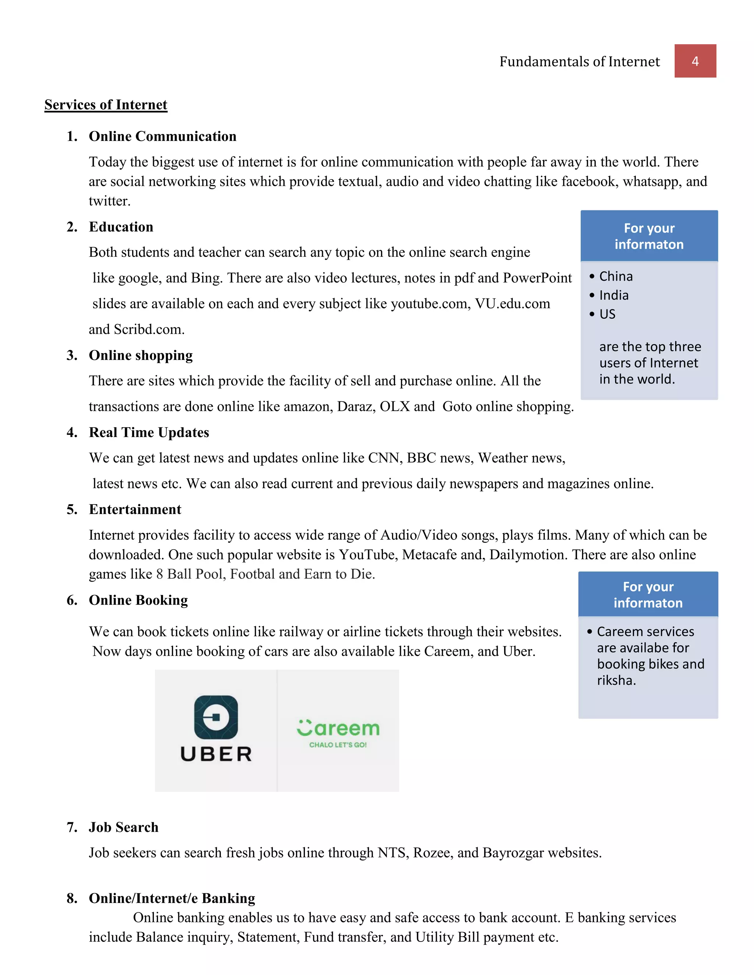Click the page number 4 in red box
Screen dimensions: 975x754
click(695, 61)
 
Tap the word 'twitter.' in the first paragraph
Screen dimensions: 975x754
click(109, 201)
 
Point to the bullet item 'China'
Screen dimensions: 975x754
click(616, 276)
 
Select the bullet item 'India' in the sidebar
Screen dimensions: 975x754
click(613, 295)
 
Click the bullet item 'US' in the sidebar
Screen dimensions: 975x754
click(607, 314)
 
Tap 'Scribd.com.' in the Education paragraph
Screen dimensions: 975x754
click(149, 329)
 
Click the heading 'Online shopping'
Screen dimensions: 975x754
click(140, 355)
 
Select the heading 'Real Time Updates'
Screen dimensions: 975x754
click(149, 433)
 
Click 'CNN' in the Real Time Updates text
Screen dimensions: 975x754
click(383, 458)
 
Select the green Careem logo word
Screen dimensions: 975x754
click(338, 728)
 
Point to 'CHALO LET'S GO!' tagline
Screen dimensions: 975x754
click(338, 745)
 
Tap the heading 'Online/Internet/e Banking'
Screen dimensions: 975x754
click(172, 898)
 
